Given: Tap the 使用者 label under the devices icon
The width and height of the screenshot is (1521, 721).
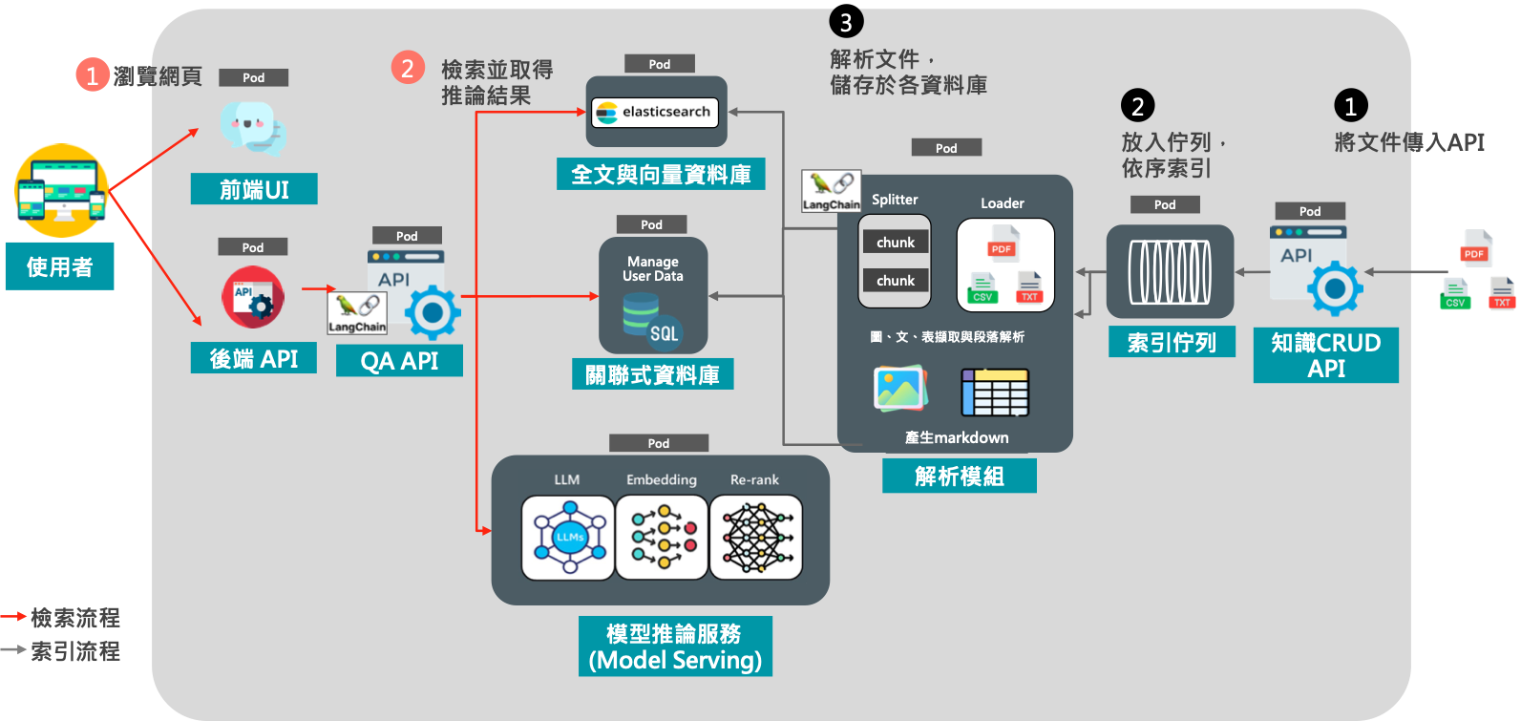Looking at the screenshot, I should tap(59, 266).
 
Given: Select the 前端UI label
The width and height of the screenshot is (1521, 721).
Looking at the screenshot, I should tap(254, 189).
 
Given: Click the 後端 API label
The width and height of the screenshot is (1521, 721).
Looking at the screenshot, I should tap(253, 359).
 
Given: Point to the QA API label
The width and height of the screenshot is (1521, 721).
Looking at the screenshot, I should tap(399, 361).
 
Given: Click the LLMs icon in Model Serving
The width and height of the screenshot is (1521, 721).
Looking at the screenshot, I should tap(568, 538).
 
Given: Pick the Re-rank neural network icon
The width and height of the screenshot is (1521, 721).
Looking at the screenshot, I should tap(756, 538).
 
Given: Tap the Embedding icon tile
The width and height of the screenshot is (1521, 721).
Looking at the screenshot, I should tap(662, 538).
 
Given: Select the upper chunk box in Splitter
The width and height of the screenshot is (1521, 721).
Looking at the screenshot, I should tap(895, 243).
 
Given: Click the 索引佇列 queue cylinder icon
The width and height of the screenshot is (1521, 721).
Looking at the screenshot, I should tap(1170, 272).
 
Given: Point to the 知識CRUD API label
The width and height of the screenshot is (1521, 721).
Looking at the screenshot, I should tap(1325, 355).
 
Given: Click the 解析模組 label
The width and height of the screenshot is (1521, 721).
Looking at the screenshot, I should tap(959, 476).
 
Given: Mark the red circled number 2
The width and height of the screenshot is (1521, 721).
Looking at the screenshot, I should tap(408, 68).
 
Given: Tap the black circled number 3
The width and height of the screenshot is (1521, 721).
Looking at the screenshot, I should tap(846, 21).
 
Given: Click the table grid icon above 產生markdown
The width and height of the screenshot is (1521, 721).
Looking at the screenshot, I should tap(994, 392).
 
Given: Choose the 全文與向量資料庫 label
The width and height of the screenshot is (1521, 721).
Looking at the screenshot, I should tap(661, 174).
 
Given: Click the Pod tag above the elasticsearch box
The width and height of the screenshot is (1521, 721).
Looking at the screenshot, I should tap(659, 64).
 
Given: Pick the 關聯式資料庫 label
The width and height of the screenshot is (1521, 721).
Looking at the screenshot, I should tap(652, 374).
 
